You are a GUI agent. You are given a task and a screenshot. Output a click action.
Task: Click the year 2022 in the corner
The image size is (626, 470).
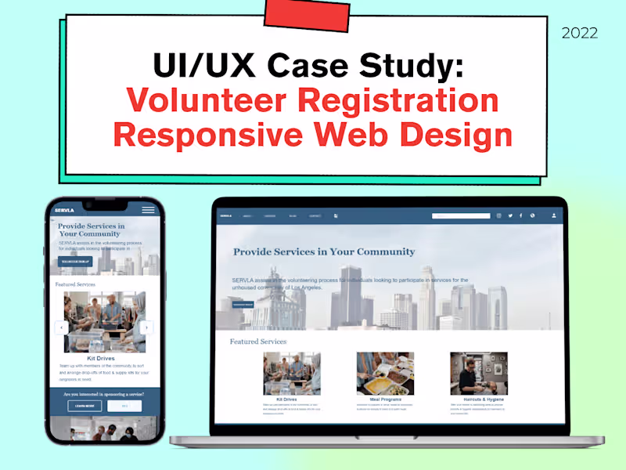(x=580, y=33)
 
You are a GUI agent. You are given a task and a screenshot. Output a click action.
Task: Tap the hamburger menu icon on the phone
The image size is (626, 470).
(x=148, y=210)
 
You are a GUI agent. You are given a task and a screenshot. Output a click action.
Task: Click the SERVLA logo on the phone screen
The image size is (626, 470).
(x=64, y=210)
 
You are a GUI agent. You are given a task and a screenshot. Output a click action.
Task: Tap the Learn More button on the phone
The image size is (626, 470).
(x=84, y=406)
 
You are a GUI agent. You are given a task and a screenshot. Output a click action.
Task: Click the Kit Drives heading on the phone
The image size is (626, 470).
(x=100, y=358)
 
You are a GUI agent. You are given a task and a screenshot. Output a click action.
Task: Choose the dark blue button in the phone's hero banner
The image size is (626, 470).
(x=75, y=261)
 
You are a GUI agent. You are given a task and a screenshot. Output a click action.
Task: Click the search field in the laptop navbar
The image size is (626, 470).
(x=461, y=215)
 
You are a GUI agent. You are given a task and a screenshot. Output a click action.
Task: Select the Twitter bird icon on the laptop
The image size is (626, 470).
(x=510, y=215)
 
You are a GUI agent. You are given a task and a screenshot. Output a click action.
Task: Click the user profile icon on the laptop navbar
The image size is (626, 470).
(x=554, y=215)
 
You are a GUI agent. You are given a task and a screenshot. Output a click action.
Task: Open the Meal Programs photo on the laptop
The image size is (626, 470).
(x=385, y=373)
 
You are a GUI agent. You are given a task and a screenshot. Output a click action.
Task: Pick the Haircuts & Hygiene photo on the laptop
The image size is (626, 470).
(x=478, y=373)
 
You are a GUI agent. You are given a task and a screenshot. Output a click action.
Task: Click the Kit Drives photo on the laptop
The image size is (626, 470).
(x=291, y=373)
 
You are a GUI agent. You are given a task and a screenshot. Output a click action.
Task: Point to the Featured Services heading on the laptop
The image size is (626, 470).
(x=258, y=342)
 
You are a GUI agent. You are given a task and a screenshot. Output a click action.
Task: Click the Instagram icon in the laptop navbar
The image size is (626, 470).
(x=498, y=215)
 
